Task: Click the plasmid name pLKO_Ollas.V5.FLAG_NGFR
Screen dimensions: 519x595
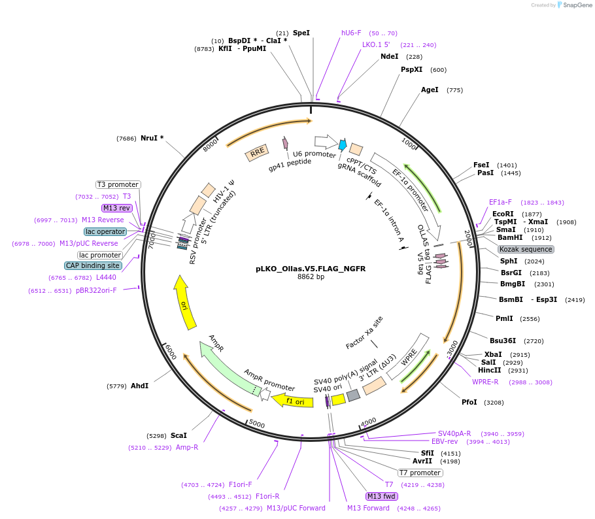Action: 311,269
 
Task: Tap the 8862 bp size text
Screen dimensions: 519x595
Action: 311,277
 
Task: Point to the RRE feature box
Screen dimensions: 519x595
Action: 257,153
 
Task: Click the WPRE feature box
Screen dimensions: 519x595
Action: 409,356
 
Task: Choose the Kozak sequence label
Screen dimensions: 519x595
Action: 526,249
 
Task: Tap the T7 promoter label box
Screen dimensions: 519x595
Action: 420,473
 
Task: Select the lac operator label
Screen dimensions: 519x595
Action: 105,231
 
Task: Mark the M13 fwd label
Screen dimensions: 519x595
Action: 382,496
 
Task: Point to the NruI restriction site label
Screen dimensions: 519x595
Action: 152,138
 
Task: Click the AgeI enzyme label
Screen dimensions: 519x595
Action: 430,90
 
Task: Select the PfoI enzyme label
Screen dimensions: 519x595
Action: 469,402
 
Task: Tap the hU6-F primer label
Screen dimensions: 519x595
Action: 351,33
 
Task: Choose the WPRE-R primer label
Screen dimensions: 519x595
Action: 485,382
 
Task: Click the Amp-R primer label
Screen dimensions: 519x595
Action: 187,447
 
